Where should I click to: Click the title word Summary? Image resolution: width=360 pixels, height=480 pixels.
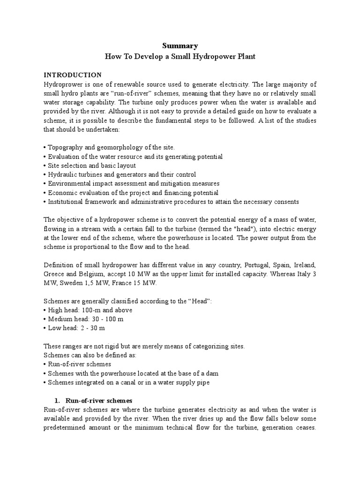coord(180,45)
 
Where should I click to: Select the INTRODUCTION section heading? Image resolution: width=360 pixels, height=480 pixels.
coord(72,75)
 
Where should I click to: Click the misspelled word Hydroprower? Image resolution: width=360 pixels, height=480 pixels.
coord(62,84)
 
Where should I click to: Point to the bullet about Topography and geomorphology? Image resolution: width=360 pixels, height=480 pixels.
coord(109,147)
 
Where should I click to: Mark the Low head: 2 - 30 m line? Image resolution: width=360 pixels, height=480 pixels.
coord(75,328)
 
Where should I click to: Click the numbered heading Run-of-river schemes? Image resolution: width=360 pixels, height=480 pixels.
coord(99,401)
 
